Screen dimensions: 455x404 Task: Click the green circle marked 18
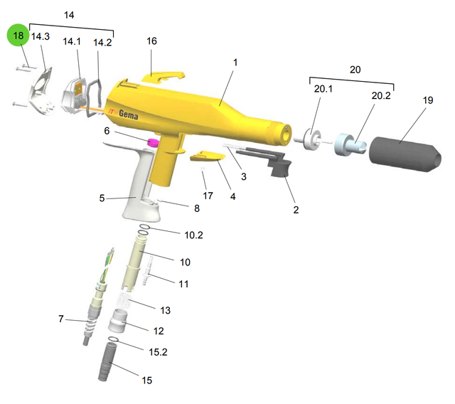coord(18,35)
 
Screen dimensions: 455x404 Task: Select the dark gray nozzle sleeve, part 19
coord(405,154)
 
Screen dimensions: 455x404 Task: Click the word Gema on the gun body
coord(128,115)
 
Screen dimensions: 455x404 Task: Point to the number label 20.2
coord(381,95)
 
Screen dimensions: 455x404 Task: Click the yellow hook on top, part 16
coord(163,76)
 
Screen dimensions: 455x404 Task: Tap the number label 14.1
coord(72,41)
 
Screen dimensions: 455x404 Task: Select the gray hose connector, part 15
coord(107,361)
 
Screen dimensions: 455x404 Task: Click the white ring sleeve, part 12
coord(118,321)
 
